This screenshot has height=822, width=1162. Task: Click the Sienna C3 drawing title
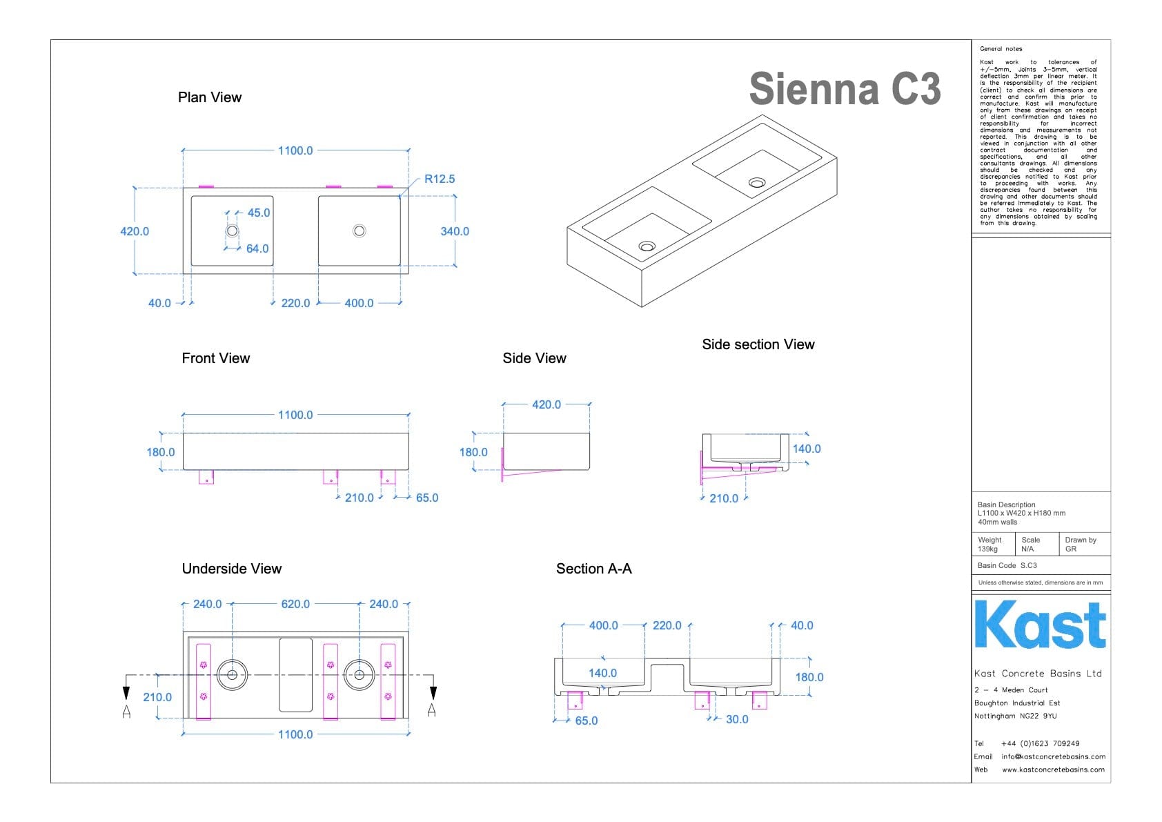[845, 89]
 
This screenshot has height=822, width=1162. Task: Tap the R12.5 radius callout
[440, 179]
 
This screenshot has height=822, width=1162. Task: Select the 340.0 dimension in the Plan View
[455, 231]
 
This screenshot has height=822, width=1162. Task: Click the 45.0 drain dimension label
[259, 213]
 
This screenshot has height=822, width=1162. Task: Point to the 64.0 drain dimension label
[257, 248]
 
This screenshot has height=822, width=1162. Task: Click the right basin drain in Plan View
[359, 231]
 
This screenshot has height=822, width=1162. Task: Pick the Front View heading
[215, 358]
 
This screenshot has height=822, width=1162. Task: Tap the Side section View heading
[758, 344]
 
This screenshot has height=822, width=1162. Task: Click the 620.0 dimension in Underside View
[295, 604]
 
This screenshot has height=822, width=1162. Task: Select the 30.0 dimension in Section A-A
[737, 719]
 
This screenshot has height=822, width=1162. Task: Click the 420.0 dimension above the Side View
[546, 404]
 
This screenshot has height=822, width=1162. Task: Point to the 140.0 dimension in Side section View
[806, 449]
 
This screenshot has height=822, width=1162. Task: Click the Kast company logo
[1040, 625]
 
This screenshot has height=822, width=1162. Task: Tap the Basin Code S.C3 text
[1007, 565]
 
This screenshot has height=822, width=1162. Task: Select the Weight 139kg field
[989, 545]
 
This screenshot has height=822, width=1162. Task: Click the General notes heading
[1001, 49]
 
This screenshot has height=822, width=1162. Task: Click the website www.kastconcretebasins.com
[1053, 770]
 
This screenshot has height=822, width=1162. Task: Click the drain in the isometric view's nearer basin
[647, 246]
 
